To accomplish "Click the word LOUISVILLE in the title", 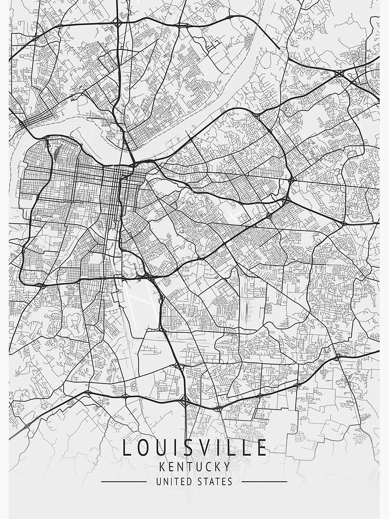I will pos(195,447).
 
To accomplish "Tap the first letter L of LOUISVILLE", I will pos(126,447).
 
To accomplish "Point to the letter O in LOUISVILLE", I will pos(142,447).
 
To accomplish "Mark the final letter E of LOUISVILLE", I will pos(262,447).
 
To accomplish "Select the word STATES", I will pos(215,482).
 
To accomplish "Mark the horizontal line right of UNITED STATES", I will pos(264,482).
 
